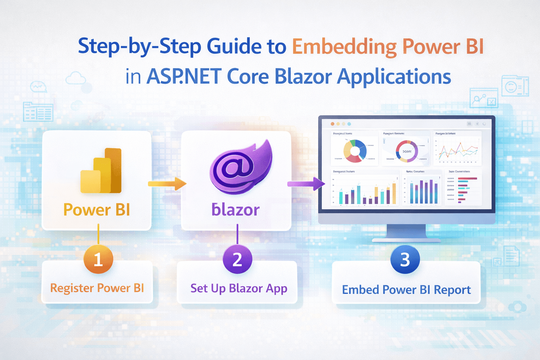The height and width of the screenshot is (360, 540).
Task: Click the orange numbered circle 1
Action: tap(98, 259)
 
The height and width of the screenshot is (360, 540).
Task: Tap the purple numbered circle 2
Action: tap(237, 259)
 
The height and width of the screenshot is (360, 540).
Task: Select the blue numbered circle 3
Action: tap(405, 259)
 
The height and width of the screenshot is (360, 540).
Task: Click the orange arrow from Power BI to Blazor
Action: tap(167, 184)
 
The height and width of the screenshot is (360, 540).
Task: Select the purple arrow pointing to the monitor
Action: tap(306, 184)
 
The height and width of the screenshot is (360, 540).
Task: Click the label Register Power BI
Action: tap(97, 288)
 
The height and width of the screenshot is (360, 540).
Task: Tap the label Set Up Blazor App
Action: tap(239, 289)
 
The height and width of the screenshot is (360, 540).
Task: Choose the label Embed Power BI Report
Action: tap(406, 290)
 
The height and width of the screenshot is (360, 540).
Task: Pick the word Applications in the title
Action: tap(394, 77)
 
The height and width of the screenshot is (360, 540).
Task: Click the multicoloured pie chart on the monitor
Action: tap(355, 151)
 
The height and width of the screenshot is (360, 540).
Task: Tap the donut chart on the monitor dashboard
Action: tap(407, 151)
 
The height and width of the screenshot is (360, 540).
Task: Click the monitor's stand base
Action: tap(406, 240)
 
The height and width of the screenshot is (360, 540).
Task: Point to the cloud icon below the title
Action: tap(76, 78)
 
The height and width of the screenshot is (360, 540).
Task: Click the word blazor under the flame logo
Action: tap(236, 210)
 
